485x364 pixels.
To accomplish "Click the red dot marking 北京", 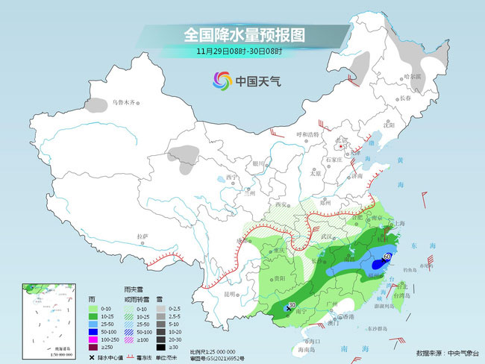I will click(x=322, y=146).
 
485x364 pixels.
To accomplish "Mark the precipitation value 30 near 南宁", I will click(x=292, y=305).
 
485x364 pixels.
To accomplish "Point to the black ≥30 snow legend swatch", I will click(x=160, y=346).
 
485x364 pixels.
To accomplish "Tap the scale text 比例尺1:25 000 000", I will click(x=213, y=351).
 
